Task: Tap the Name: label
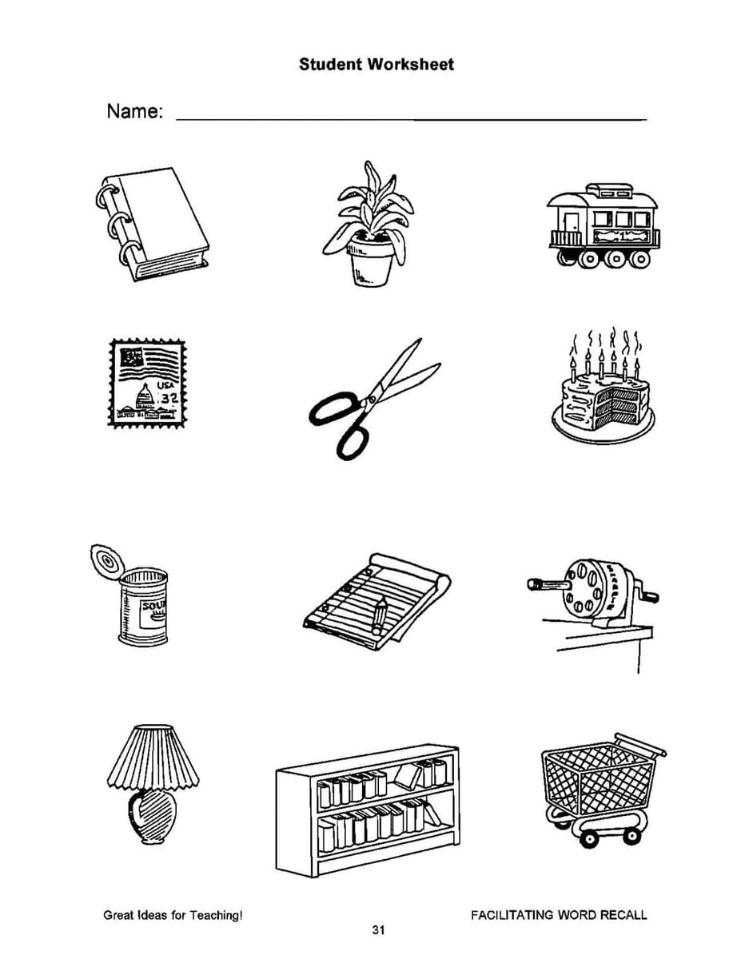coord(135,111)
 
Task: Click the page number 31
coord(378,930)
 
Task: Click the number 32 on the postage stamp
coord(169,399)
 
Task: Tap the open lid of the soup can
coord(107,561)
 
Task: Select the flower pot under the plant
coord(371,261)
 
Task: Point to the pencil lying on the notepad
coord(379,614)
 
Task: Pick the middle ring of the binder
coord(117,225)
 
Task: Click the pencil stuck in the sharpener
coord(549,585)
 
